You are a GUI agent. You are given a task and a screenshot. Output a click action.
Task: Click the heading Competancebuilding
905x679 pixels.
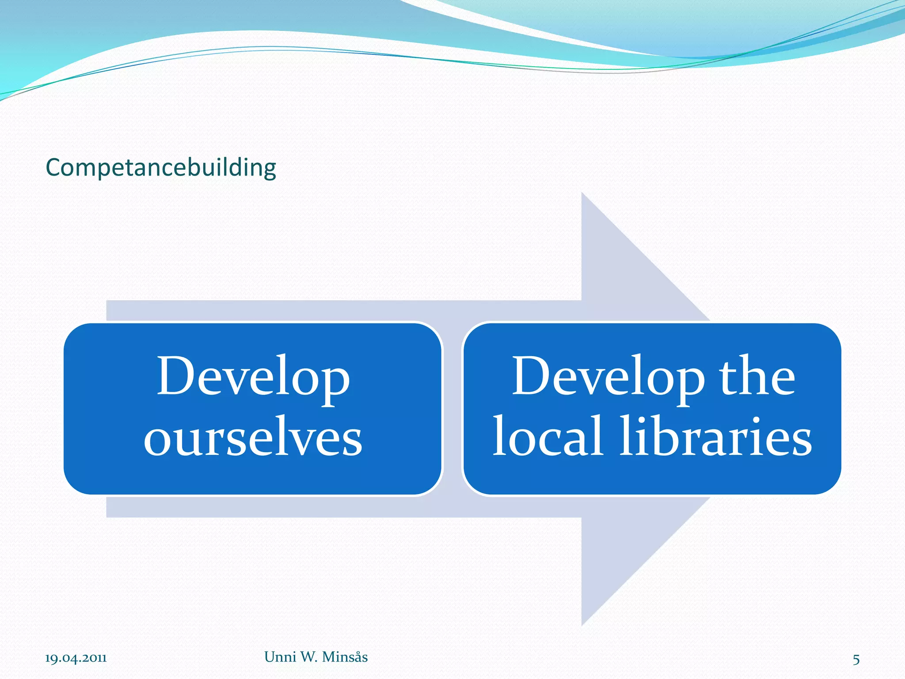[x=161, y=168]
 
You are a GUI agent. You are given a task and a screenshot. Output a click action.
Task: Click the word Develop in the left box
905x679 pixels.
[x=253, y=376]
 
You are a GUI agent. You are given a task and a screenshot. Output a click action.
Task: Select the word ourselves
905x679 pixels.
[x=253, y=437]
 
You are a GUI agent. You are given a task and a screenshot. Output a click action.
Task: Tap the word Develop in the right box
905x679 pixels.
[x=608, y=376]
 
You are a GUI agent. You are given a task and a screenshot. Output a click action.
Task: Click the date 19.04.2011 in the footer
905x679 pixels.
[x=76, y=658]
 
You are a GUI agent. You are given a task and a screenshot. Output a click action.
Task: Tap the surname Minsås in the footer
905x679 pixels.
[x=345, y=657]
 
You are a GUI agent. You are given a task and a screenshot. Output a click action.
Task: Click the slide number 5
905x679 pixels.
[x=856, y=660]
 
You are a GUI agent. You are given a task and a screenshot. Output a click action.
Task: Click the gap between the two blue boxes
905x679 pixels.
[x=452, y=409]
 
